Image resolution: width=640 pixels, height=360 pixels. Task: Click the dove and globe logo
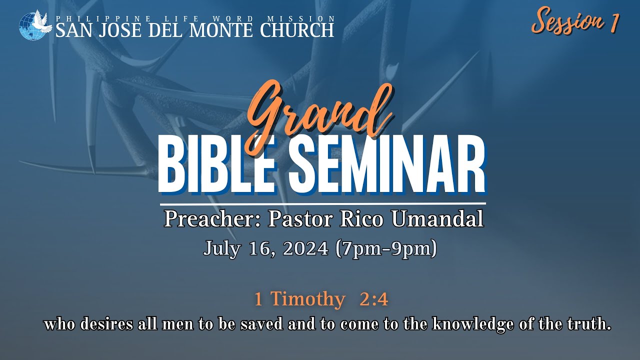[x=35, y=24]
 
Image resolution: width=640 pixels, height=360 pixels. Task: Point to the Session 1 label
[x=575, y=22]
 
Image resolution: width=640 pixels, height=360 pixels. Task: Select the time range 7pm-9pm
[x=386, y=248]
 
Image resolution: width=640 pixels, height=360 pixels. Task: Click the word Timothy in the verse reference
[x=308, y=299]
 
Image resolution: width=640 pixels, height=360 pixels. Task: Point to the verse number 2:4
[x=373, y=299]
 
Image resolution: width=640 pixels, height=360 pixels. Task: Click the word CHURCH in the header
[x=297, y=30]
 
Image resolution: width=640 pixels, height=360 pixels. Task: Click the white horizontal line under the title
[x=322, y=204]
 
